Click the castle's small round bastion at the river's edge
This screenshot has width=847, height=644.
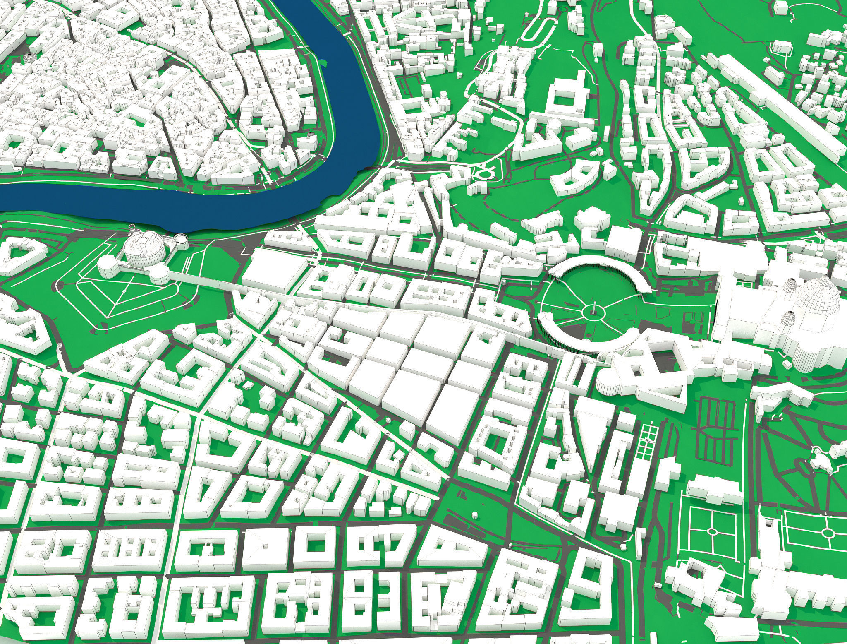click(181, 238)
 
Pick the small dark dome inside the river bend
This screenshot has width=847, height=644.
click(311, 134)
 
